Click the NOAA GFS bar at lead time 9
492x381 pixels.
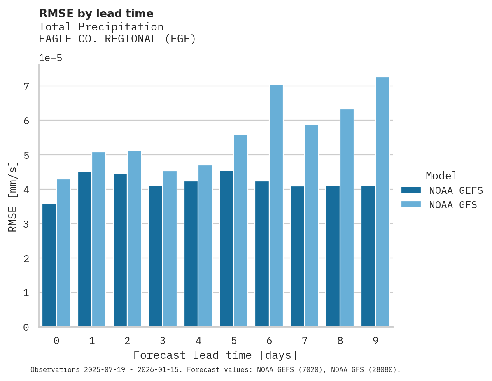382,202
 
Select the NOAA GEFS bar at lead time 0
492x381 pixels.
49,265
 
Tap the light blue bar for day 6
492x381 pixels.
276,205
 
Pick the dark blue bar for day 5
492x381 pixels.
226,249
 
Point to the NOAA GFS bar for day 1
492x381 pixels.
99,239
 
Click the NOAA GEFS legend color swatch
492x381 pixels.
411,190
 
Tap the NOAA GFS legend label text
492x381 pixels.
453,205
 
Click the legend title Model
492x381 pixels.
441,176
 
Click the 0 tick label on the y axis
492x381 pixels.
26,328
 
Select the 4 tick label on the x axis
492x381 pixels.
198,341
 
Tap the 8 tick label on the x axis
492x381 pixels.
340,341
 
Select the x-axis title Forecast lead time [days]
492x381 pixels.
215,355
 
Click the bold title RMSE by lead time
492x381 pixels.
96,14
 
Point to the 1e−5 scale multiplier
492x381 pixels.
51,58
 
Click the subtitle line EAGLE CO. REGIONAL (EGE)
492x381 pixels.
117,39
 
